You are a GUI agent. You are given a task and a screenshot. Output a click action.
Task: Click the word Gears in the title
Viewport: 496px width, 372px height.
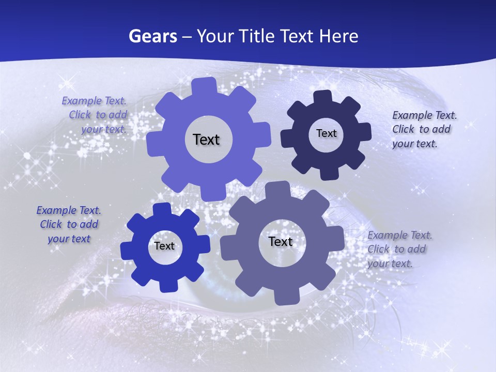[x=152, y=37]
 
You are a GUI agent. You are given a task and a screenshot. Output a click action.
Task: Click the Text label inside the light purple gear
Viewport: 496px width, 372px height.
[x=206, y=139]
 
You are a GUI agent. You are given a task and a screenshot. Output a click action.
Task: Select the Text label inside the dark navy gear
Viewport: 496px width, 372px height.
[x=326, y=133]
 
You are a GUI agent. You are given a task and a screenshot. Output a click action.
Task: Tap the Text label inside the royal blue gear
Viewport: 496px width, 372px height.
[x=164, y=246]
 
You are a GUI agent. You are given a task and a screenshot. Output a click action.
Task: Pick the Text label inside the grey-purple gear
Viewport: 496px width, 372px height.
[x=280, y=241]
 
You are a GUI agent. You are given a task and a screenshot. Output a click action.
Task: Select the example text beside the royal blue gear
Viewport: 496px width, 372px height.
[x=69, y=224]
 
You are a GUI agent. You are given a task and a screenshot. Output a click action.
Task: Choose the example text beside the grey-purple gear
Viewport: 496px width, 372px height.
[x=399, y=249]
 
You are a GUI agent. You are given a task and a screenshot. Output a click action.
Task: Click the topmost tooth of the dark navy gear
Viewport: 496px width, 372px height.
[x=323, y=97]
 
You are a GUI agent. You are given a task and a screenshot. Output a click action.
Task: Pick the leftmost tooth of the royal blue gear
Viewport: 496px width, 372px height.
[x=127, y=251]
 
